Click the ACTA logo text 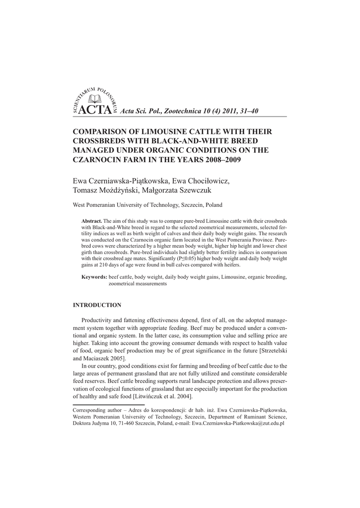pyautogui.click(x=94, y=110)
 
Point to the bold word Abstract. pyautogui.click(x=91, y=220)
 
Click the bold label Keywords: pyautogui.click(x=94, y=277)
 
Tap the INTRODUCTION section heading pyautogui.click(x=97, y=305)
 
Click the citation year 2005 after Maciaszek pyautogui.click(x=118, y=358)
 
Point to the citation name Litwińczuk pyautogui.click(x=151, y=397)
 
